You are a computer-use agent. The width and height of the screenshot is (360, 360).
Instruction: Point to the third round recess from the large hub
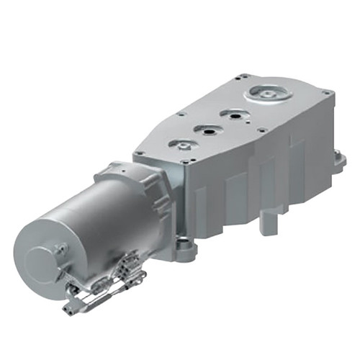[208, 130]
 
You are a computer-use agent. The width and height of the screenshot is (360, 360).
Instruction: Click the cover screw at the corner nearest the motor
[141, 153]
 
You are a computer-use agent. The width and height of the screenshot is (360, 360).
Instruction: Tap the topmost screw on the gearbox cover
[246, 74]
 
